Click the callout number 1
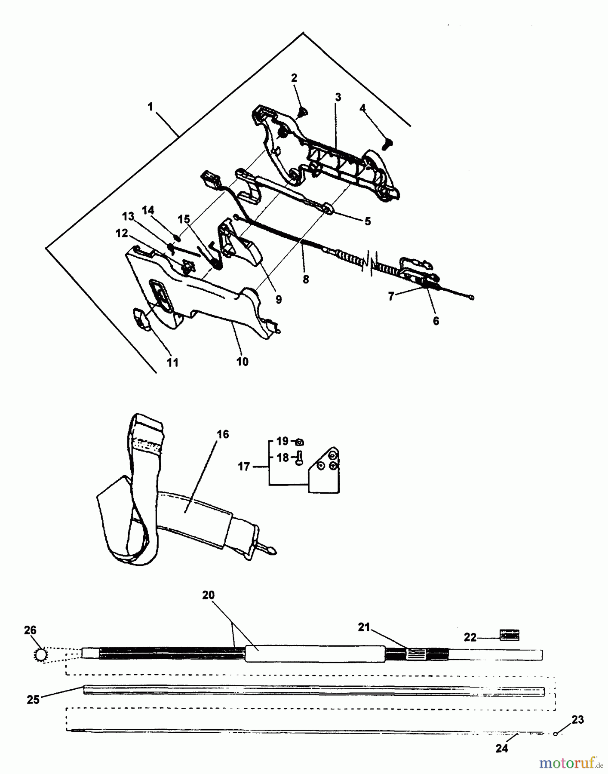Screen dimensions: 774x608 click(x=150, y=107)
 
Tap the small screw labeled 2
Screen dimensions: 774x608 click(x=302, y=113)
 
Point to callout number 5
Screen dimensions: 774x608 click(x=367, y=221)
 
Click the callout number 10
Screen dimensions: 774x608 click(x=243, y=362)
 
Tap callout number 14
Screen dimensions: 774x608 click(x=148, y=210)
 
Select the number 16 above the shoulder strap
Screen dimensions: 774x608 click(x=223, y=434)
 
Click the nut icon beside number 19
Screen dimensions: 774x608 click(x=300, y=442)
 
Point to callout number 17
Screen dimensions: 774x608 click(x=244, y=466)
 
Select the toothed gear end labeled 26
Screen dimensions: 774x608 click(x=41, y=655)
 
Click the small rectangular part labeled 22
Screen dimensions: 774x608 click(x=509, y=634)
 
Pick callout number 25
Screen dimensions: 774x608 click(x=33, y=700)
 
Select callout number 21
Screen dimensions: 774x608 click(x=364, y=627)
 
